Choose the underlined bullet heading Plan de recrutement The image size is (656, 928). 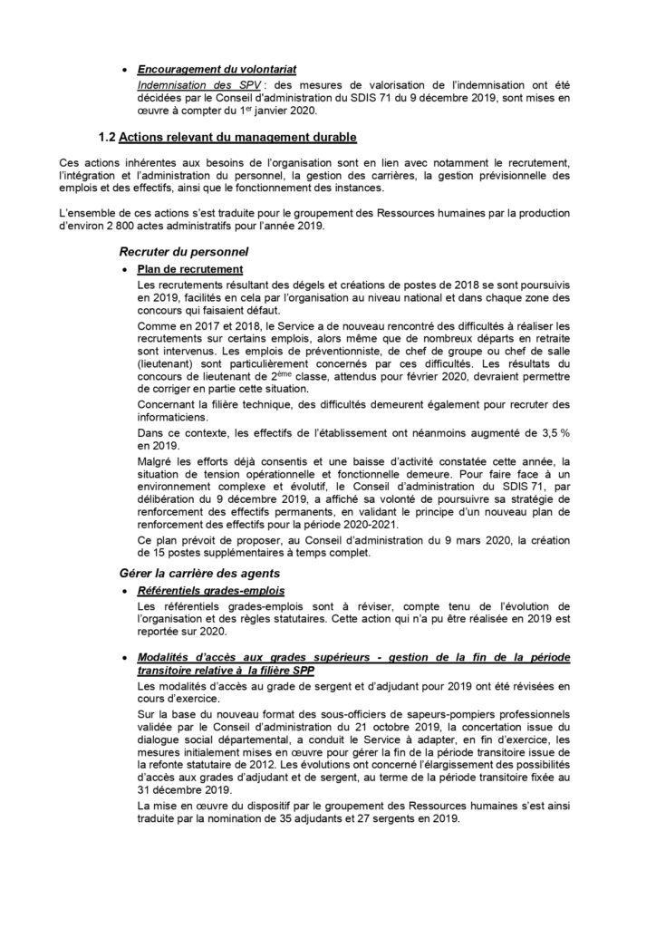coord(189,268)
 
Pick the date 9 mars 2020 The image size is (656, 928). coord(429,541)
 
